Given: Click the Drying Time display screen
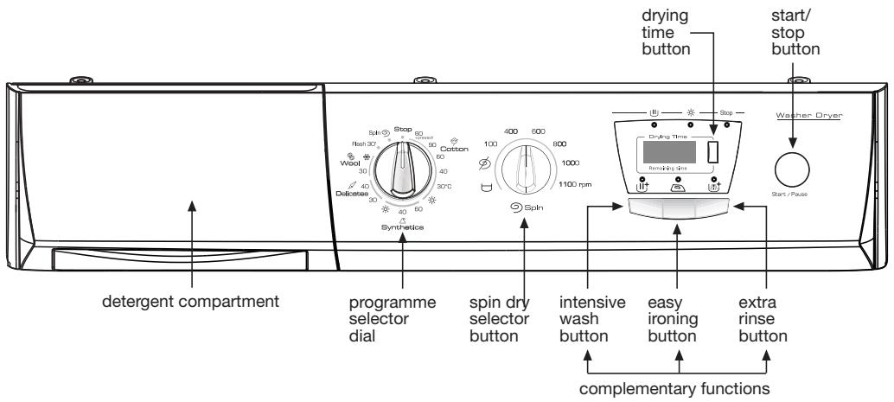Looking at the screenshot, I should tap(661, 152).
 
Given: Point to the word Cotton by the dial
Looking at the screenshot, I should tap(454, 150).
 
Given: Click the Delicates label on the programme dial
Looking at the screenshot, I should tap(353, 193).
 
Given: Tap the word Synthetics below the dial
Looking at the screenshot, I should tap(403, 227).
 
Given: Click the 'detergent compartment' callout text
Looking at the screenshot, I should tap(193, 303).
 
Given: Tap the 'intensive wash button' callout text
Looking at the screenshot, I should tap(588, 319).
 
